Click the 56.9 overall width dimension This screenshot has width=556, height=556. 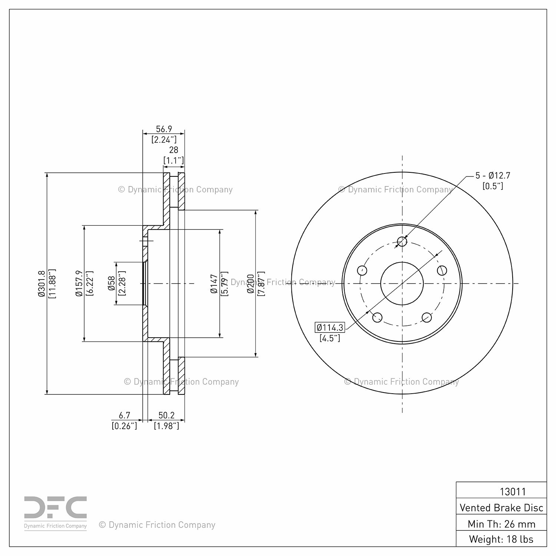(164, 129)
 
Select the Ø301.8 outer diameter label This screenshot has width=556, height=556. (42, 284)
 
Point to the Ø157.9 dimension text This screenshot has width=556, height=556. (79, 284)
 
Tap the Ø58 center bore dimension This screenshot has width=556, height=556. (111, 284)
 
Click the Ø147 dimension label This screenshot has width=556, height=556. (214, 284)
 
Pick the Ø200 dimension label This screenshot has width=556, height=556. (251, 284)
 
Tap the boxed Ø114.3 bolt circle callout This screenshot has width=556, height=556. (330, 328)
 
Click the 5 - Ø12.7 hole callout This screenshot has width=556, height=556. (493, 175)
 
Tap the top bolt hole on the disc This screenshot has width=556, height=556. (402, 242)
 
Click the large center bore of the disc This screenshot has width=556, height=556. (402, 284)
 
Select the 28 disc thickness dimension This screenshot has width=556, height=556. (173, 150)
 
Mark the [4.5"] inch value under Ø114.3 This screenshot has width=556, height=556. (330, 338)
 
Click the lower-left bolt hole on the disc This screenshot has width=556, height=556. (377, 317)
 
